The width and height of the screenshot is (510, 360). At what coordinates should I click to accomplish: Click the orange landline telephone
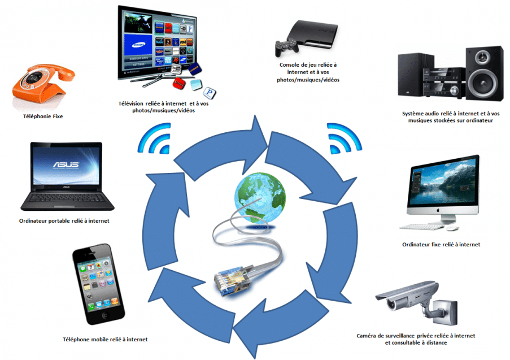point(43,83)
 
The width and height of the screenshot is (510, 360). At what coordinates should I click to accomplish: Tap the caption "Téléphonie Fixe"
point(43,116)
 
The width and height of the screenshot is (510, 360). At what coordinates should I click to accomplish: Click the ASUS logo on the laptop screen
point(66,164)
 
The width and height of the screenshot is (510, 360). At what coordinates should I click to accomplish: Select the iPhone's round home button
point(104,316)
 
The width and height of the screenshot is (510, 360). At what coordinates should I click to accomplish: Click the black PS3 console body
point(312,34)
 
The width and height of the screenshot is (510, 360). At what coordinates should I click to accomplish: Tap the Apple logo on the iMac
point(438,210)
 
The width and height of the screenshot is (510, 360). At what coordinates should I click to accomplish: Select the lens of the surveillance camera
point(390,305)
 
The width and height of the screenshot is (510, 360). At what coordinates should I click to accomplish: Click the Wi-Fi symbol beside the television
point(155,138)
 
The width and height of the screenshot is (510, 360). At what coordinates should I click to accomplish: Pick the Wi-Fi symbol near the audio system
point(344,138)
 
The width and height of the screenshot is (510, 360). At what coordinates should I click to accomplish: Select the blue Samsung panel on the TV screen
point(138,45)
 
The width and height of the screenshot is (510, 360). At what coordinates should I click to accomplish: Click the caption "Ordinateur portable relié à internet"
point(64,220)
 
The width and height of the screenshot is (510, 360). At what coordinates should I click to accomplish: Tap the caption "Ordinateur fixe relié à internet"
point(441,245)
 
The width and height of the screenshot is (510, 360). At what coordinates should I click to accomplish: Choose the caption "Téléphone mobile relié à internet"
point(105,340)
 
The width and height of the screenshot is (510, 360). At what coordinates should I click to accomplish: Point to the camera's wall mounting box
point(446,313)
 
